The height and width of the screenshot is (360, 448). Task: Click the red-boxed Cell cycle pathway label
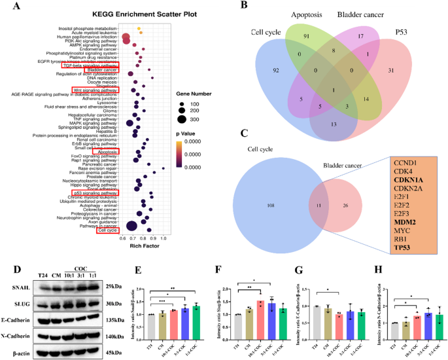click(108, 230)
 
